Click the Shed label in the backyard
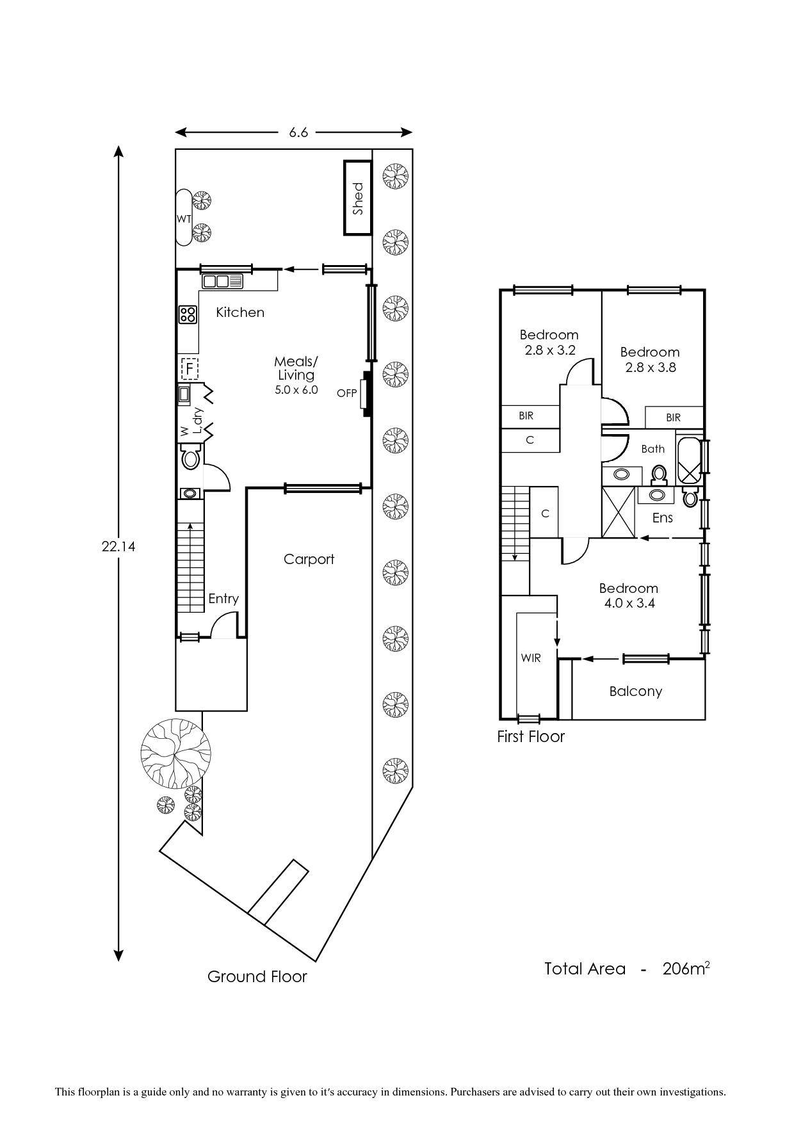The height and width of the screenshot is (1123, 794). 358,198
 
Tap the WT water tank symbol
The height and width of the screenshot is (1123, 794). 184,218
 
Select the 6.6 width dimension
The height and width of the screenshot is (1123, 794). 298,133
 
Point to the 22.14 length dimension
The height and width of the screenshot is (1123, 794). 118,547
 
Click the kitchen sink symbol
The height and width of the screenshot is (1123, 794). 223,281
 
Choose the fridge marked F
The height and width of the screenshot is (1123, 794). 190,369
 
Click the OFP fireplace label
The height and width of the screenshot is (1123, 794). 346,393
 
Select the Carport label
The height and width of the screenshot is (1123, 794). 309,559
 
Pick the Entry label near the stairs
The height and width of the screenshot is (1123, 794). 223,599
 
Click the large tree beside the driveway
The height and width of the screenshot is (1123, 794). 175,754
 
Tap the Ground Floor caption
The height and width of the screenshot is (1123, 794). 257,976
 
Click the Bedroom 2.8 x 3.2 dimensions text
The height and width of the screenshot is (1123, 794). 550,350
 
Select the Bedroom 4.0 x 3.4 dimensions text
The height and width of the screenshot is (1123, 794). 629,603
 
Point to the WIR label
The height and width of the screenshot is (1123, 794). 531,658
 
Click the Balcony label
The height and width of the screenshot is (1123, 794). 635,691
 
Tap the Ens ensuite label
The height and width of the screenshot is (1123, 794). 662,517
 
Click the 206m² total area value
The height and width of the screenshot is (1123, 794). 686,969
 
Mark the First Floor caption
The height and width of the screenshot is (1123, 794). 531,736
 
